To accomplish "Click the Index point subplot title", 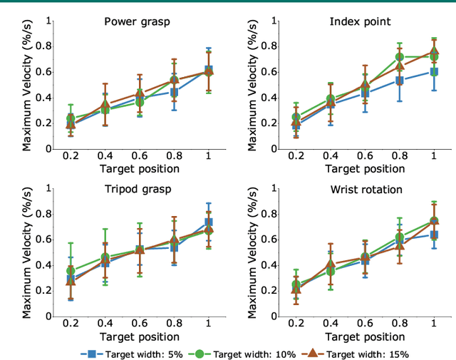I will click(360, 21).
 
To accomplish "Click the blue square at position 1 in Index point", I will click(434, 72).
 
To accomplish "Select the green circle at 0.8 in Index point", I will click(400, 57).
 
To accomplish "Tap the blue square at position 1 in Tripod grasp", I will click(209, 222).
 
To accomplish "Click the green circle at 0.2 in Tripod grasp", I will click(71, 271).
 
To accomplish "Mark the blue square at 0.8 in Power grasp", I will click(174, 92).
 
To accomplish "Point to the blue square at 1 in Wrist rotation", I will click(434, 234).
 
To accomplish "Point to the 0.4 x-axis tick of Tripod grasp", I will click(105, 324).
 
